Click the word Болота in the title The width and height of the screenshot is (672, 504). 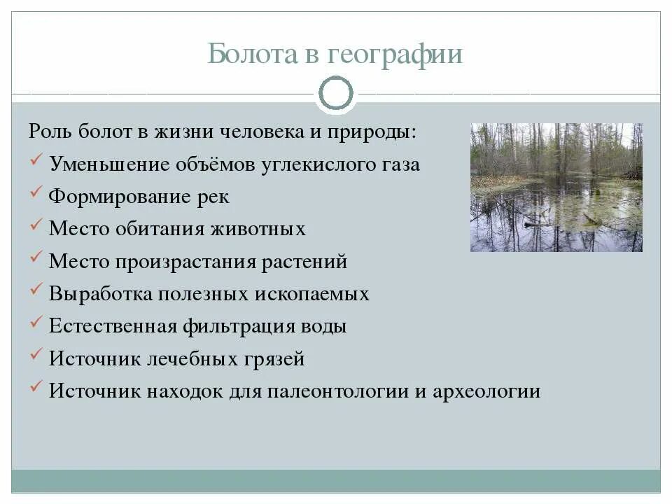tap(252, 54)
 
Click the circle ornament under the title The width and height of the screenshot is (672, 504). tap(336, 93)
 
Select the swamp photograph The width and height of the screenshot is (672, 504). tap(556, 188)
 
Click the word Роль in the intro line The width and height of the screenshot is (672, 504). tap(48, 132)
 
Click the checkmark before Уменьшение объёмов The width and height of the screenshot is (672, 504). tap(38, 162)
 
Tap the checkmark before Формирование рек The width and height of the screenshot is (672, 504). tap(38, 195)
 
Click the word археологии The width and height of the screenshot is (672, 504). tap(486, 391)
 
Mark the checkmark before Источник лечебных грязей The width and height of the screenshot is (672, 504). tap(38, 356)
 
